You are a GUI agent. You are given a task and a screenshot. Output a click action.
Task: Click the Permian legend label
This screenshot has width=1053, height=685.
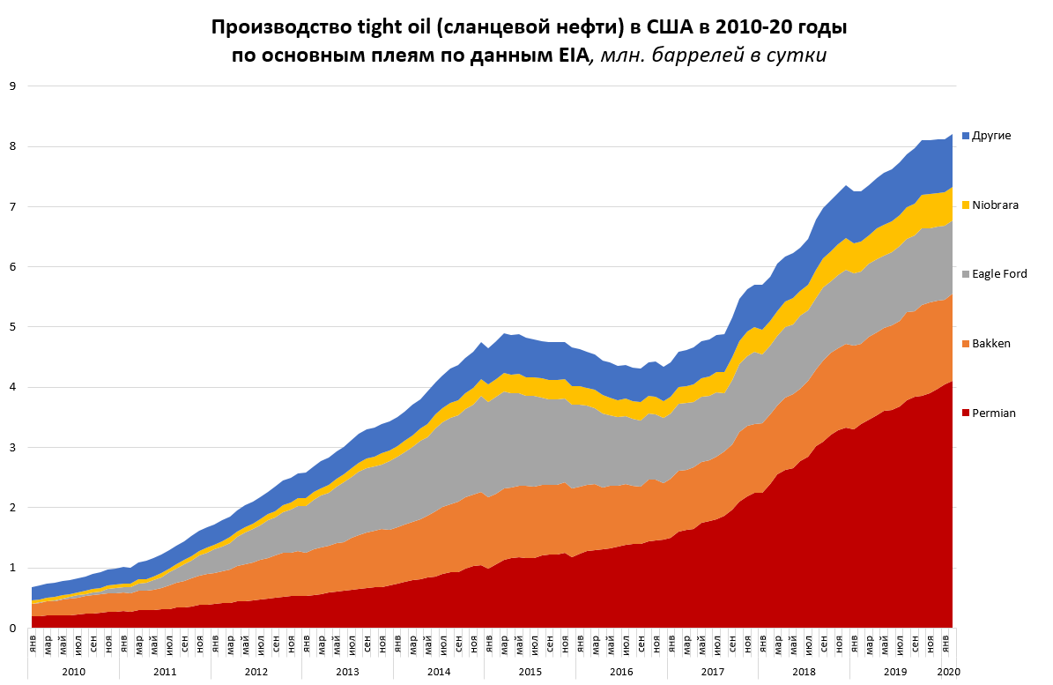[x=993, y=413]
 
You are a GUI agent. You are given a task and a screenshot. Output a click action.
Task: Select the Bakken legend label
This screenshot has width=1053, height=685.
[x=991, y=343]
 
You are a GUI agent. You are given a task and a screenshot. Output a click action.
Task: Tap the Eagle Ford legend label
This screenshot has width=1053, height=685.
[x=1000, y=274]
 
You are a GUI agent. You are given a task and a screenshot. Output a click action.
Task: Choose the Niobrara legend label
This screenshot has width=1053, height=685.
[x=996, y=205]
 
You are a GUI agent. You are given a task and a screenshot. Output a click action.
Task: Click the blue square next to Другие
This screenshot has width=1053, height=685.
[x=966, y=136]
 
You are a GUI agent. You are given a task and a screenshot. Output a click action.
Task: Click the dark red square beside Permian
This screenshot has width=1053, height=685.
[x=966, y=413]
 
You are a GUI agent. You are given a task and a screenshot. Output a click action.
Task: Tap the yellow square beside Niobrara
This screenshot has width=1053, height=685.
[x=966, y=205]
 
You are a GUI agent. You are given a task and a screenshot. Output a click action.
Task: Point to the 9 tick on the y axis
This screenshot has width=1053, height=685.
[x=12, y=86]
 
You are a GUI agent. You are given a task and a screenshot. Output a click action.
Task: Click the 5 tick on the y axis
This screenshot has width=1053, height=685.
[x=12, y=327]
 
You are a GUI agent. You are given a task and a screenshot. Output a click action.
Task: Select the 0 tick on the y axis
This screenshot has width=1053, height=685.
[x=12, y=629]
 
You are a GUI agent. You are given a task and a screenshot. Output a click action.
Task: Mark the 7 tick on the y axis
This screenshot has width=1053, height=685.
[x=12, y=206]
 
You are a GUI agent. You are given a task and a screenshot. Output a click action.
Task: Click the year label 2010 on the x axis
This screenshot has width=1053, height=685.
[x=73, y=672]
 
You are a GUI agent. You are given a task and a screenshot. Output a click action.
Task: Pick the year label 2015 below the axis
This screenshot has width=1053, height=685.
[x=530, y=672]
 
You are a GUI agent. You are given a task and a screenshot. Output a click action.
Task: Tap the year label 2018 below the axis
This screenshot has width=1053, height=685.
[x=804, y=672]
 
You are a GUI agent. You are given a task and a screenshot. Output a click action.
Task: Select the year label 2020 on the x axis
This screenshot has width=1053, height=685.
[x=948, y=672]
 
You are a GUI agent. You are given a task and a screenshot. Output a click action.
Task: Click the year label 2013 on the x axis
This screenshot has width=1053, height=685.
[x=347, y=672]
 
